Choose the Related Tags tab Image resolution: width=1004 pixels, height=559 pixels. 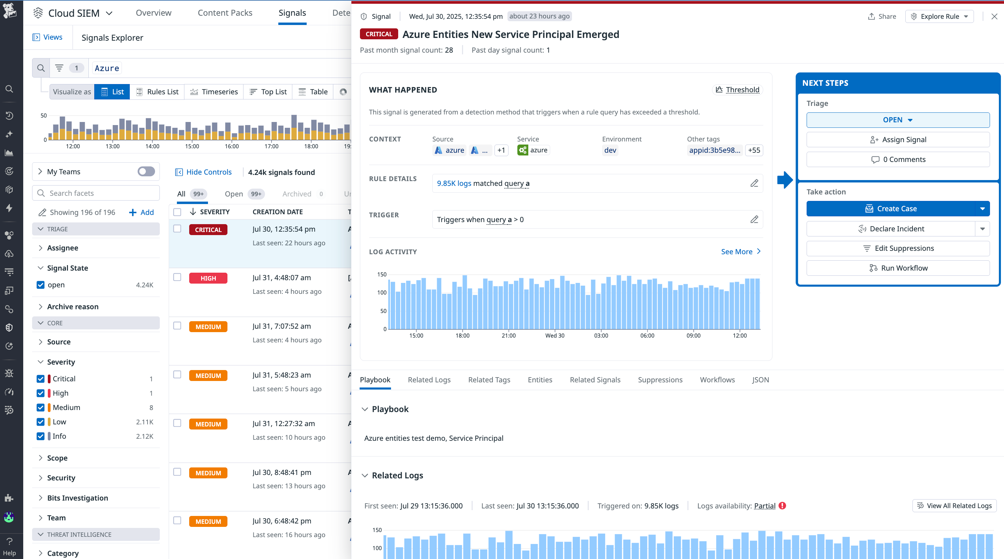[489, 380]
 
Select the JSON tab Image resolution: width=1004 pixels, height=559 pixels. [760, 380]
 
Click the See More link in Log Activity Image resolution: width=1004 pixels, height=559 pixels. [740, 251]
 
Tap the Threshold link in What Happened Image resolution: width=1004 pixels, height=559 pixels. [737, 90]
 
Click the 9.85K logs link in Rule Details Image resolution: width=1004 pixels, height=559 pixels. [454, 183]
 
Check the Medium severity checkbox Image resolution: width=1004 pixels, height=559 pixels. [41, 407]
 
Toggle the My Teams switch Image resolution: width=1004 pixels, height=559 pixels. [146, 172]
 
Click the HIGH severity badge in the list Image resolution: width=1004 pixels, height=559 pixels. [208, 278]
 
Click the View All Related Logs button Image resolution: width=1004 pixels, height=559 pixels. [954, 506]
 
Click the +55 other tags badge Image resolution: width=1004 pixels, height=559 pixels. [753, 150]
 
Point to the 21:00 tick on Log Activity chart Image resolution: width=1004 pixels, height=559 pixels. [508, 335]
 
